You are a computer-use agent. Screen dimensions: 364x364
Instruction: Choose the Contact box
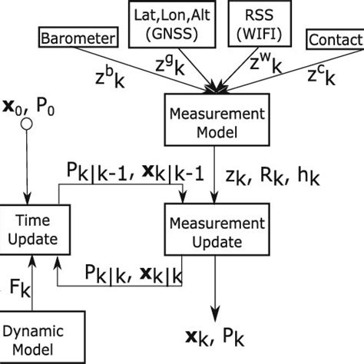click(x=336, y=39)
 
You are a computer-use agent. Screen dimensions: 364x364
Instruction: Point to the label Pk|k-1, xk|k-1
click(x=130, y=177)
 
